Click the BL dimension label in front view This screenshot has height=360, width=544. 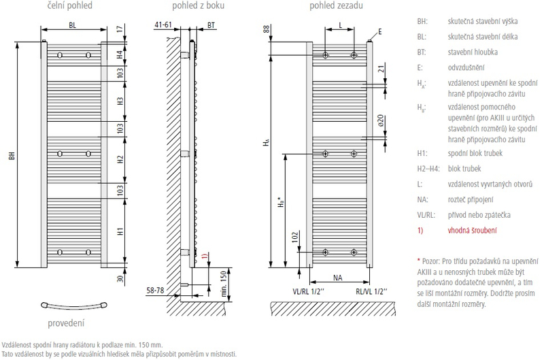point(73,26)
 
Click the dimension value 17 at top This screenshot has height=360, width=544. point(120,29)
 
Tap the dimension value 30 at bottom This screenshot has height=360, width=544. point(120,280)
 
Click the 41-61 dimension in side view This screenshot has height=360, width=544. point(163,24)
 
